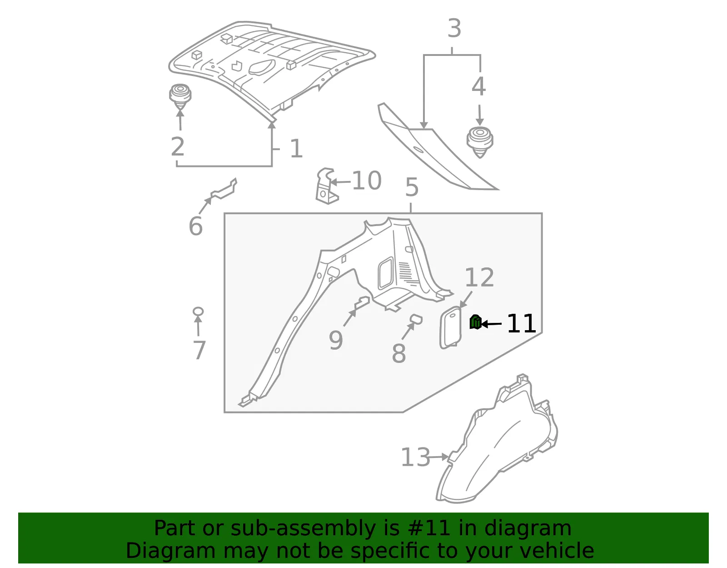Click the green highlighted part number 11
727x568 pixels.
(475, 322)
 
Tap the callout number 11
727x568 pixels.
(521, 323)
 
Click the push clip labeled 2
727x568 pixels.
(180, 96)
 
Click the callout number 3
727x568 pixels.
(454, 28)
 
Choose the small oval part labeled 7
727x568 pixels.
(198, 312)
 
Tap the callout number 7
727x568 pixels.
(199, 350)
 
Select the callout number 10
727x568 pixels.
(367, 181)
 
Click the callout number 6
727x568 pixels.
(196, 226)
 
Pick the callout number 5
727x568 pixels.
(412, 187)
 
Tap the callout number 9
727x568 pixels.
(336, 340)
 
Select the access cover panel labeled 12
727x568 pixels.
(450, 327)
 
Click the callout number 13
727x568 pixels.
(415, 457)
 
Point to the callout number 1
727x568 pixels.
(296, 148)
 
